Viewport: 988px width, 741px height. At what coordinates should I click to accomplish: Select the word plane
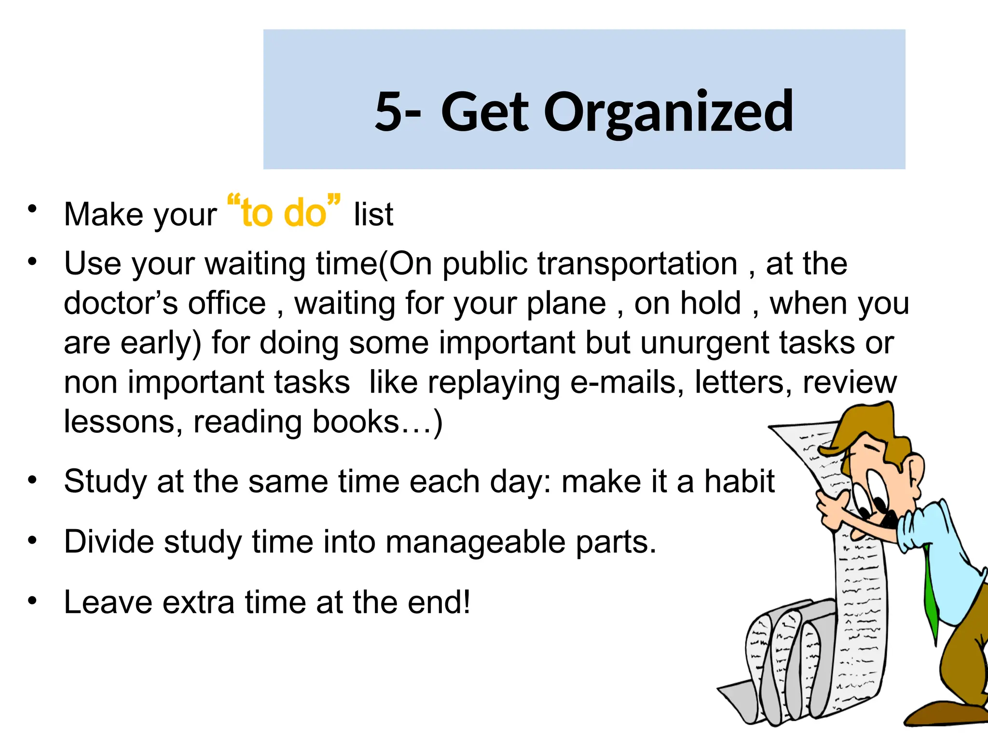(566, 303)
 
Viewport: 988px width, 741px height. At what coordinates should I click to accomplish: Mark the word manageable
(476, 542)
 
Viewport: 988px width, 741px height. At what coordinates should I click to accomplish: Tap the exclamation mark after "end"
(466, 602)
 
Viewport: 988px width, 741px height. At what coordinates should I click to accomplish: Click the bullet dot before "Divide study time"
(32, 540)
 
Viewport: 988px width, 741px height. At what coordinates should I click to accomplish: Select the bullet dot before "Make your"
(32, 209)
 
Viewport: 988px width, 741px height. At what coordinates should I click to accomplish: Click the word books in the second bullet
(356, 422)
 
